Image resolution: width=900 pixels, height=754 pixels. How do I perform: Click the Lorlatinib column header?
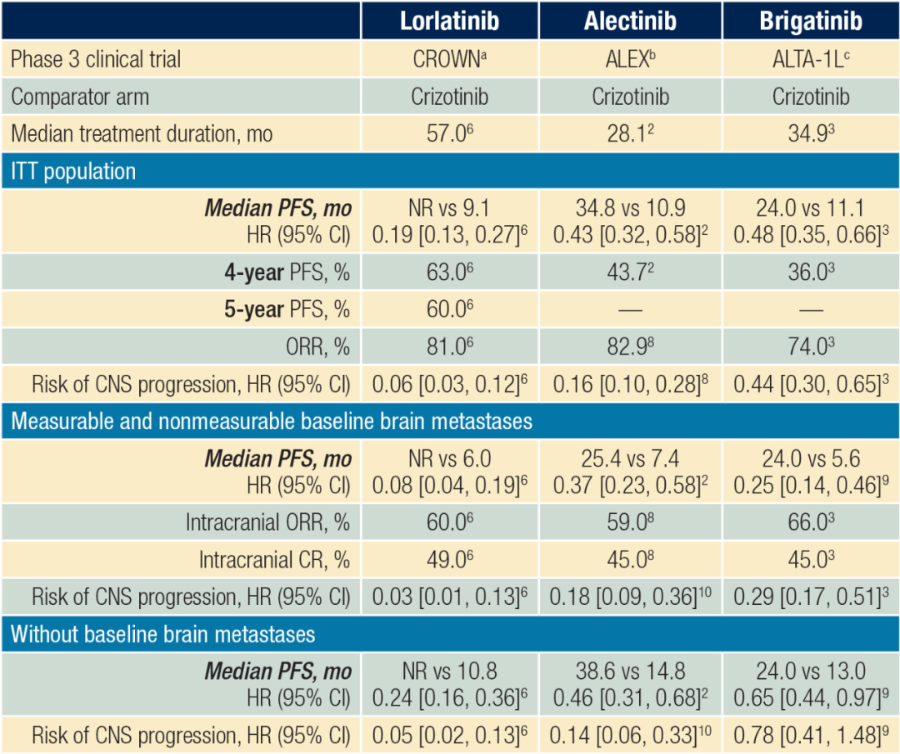449,20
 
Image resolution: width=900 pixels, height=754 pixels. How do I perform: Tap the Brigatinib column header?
810,20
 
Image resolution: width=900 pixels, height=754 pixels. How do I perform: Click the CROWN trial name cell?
449,59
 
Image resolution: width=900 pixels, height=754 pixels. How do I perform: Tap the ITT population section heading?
73,172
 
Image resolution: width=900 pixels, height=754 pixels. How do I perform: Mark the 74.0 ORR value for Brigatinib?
808,347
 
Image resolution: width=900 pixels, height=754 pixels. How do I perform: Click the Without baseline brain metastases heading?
163,634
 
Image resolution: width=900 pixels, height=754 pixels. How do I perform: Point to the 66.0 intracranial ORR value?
808,522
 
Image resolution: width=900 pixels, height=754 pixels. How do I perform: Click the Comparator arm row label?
80,97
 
